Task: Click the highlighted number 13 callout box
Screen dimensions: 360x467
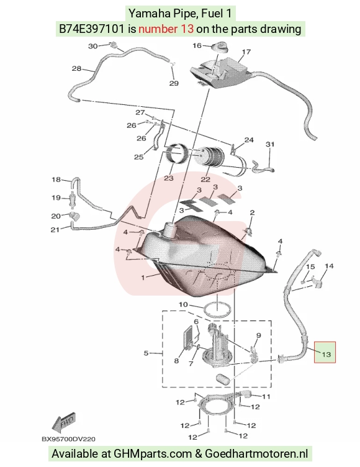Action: [325, 352]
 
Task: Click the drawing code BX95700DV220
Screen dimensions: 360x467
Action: [68, 439]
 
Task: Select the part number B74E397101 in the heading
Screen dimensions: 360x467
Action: [91, 29]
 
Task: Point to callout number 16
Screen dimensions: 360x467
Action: [197, 45]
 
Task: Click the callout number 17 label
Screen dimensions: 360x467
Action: [246, 52]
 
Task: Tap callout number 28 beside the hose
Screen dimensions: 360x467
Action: [76, 68]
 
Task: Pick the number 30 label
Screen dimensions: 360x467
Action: [93, 46]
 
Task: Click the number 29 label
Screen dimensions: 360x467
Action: [174, 83]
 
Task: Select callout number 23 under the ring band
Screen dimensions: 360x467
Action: [169, 178]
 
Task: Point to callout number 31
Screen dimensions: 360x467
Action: [270, 145]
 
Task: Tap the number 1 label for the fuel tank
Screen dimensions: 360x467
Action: [143, 278]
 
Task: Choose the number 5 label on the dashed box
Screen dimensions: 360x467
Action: [146, 353]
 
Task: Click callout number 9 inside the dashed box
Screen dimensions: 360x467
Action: [258, 335]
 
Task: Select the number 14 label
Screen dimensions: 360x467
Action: [329, 266]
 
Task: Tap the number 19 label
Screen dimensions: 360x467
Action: [56, 197]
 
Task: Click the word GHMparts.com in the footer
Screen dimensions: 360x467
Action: [153, 454]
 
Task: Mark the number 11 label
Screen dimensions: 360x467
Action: [266, 396]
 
